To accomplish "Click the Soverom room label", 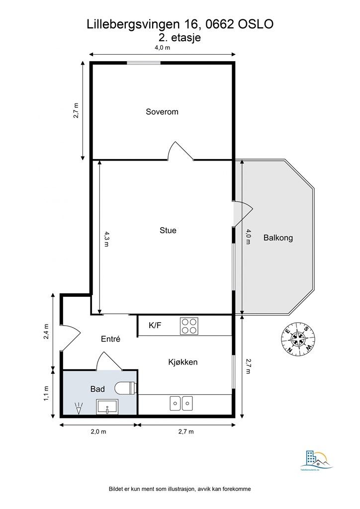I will coord(162,112).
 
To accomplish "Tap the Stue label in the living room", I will coord(168,230).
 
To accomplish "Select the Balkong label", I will coord(278,238).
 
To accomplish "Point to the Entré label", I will coord(111,339).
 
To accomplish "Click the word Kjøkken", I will coord(182,362).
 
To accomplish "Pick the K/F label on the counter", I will coord(155,326).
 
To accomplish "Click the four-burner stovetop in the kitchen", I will coord(189,326).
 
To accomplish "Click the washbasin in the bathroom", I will coord(107,408).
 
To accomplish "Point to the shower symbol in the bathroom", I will coord(78,409).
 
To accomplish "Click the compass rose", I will coord(298,339).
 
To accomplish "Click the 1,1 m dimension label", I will coord(47,393).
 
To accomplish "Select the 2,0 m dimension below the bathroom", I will coord(98,431).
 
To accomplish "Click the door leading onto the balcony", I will coord(242,213).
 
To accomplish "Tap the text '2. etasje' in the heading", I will coord(180,37).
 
